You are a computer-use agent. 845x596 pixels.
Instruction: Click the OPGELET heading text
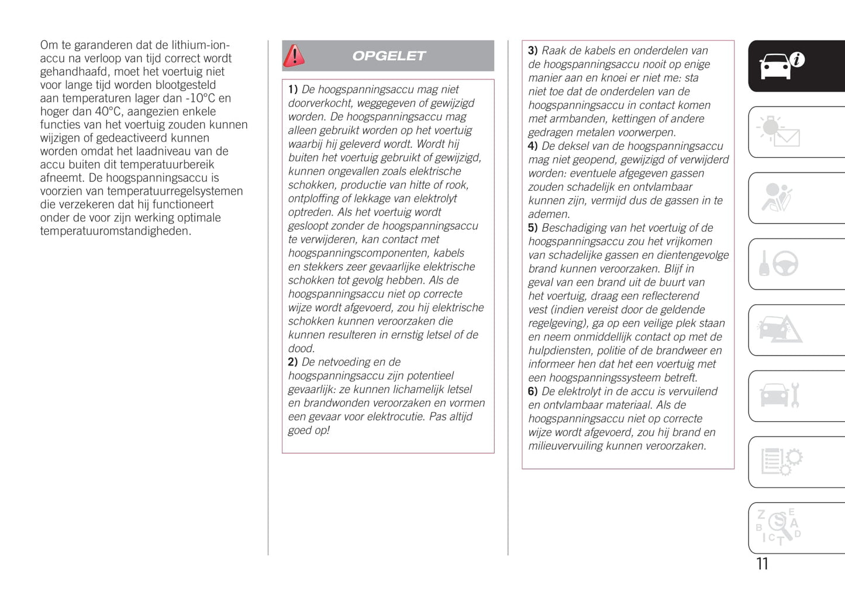click(x=389, y=56)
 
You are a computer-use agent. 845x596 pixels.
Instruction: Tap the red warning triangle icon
click(x=294, y=56)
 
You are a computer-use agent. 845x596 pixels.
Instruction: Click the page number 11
click(x=762, y=564)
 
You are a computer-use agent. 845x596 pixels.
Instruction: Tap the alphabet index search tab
click(x=778, y=528)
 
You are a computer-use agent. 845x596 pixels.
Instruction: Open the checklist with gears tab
click(x=781, y=461)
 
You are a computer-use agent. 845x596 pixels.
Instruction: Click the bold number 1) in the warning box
click(x=293, y=89)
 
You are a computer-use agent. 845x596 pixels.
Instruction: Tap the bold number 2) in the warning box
click(x=293, y=362)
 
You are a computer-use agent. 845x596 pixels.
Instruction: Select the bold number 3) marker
click(x=533, y=51)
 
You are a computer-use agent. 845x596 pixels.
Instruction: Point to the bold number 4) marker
click(x=533, y=146)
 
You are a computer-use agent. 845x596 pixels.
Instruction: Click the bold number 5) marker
click(x=533, y=228)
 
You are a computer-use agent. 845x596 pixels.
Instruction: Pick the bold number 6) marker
click(x=533, y=391)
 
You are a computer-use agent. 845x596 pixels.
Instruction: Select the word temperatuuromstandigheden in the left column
click(x=115, y=231)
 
